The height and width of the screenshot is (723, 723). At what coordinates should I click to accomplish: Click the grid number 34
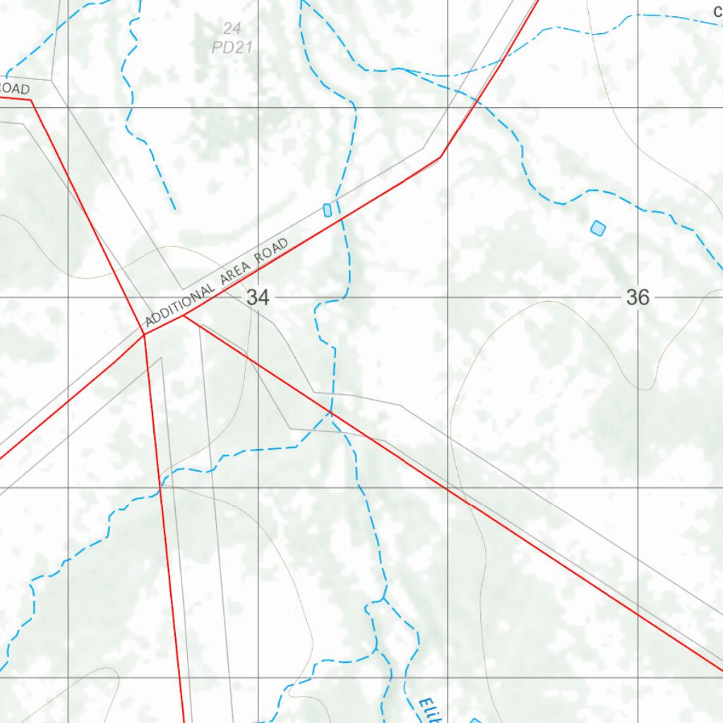258,298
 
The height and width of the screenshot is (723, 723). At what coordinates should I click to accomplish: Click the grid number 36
637,297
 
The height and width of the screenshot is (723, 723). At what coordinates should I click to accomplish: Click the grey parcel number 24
232,29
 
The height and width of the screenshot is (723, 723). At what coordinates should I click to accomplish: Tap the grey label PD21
232,49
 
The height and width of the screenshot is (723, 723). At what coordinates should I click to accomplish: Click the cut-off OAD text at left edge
14,89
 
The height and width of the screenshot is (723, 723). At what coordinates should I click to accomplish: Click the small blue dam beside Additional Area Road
327,210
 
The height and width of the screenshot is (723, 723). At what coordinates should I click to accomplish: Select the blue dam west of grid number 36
598,228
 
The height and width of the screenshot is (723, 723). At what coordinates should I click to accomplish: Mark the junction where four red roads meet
144,335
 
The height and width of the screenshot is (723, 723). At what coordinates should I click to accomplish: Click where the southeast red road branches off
184,316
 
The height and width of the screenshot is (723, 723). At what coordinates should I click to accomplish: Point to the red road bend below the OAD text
32,100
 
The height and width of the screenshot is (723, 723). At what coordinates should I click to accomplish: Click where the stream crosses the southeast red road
330,410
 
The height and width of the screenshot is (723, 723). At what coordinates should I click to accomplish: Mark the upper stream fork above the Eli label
383,600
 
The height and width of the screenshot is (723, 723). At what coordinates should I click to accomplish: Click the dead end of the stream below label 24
174,209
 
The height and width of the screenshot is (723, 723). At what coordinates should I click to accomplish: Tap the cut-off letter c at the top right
717,11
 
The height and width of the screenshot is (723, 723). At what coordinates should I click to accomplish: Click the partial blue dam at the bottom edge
475,720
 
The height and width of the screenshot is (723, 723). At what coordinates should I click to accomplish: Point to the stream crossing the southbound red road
160,486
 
